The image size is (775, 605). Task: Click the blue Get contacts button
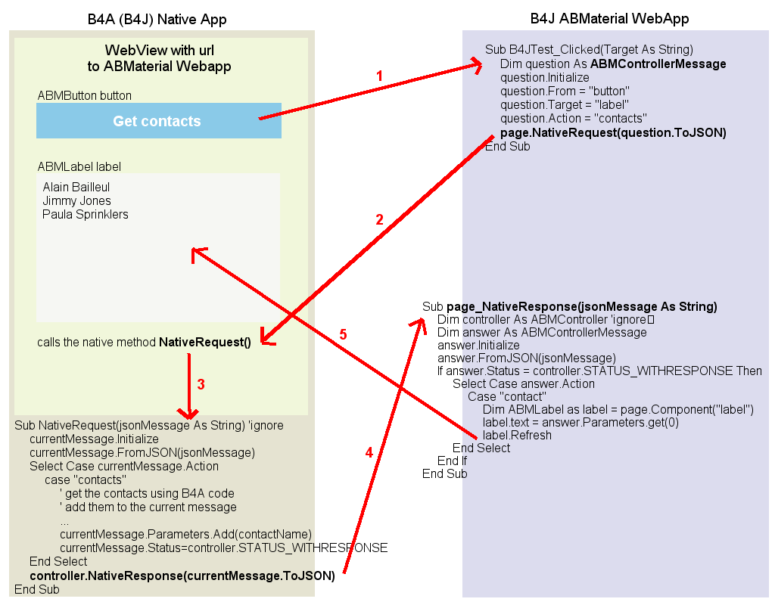click(x=158, y=121)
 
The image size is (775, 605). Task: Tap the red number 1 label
click(x=380, y=76)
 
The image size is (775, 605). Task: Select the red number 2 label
click(x=380, y=220)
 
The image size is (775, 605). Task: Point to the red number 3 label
click(x=201, y=384)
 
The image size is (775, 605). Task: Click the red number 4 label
click(x=369, y=452)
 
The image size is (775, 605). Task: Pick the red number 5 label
click(x=343, y=334)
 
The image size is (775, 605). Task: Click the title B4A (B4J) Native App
click(x=157, y=19)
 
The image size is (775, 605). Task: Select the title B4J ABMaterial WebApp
click(x=609, y=19)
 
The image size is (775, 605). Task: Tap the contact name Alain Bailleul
click(x=76, y=187)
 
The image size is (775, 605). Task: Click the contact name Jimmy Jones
click(x=77, y=200)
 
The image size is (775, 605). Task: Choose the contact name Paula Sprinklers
click(x=86, y=214)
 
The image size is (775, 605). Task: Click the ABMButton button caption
click(x=85, y=96)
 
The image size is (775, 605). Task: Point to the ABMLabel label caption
click(x=79, y=166)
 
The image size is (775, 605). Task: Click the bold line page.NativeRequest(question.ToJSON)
click(x=613, y=132)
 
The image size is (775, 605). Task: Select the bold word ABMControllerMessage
click(x=658, y=64)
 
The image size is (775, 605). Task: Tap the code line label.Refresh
click(x=517, y=435)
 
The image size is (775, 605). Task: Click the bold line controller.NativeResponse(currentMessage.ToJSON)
click(x=182, y=576)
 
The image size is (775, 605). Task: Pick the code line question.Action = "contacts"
click(x=573, y=119)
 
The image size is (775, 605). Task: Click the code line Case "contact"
click(x=506, y=396)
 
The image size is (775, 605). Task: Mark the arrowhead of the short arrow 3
click(x=188, y=414)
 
